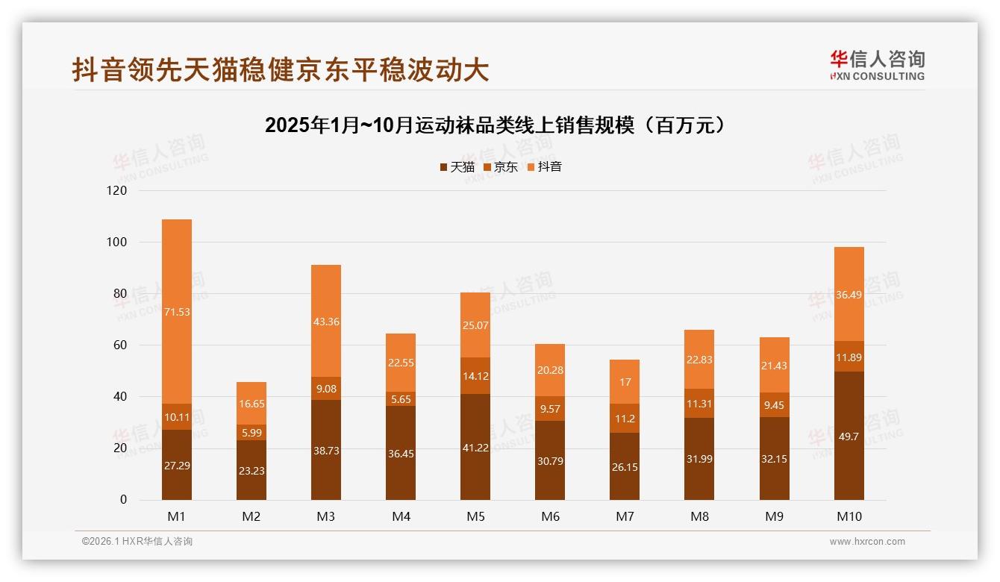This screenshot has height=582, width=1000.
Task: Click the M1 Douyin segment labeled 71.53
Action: click(x=177, y=311)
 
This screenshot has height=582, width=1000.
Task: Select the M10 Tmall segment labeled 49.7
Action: click(x=849, y=436)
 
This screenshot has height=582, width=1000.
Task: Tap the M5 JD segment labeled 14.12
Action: click(x=475, y=375)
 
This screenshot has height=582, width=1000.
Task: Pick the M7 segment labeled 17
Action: click(x=625, y=381)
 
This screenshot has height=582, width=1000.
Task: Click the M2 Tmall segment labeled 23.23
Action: click(x=251, y=470)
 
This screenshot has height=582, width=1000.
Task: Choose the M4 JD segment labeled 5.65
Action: click(x=401, y=399)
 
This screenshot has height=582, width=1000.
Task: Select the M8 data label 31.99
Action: click(x=699, y=459)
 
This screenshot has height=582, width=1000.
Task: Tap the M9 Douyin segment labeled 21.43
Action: click(x=775, y=365)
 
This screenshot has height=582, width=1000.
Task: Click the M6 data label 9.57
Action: click(x=550, y=409)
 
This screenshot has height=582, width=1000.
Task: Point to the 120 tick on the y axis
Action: click(x=118, y=191)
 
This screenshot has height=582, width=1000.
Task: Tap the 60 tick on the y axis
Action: click(x=120, y=345)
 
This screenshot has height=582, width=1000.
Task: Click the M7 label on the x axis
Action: click(x=625, y=516)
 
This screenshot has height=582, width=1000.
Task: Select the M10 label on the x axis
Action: click(x=849, y=516)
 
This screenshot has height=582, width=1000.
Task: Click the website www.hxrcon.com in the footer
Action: click(x=867, y=542)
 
